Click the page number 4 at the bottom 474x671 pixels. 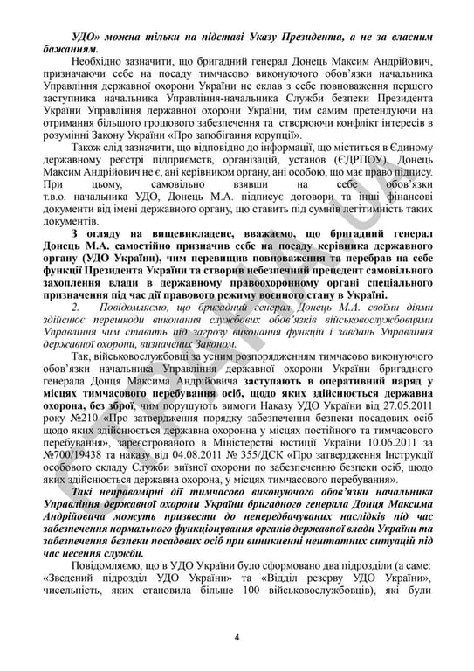[x=237, y=634]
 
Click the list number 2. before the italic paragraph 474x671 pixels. [x=78, y=308]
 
